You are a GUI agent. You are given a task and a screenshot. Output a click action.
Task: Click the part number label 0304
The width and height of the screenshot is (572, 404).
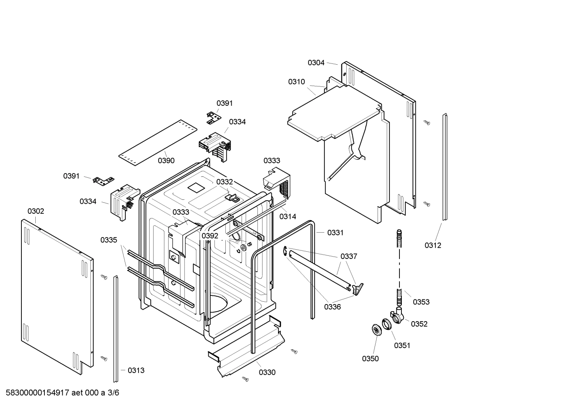(x=316, y=63)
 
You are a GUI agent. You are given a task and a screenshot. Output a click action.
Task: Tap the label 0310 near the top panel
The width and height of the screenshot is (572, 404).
(x=296, y=82)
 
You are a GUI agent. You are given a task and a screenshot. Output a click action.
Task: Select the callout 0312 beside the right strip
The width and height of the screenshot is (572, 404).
(x=432, y=245)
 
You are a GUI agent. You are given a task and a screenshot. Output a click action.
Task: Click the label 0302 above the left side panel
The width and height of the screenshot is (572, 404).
(x=36, y=211)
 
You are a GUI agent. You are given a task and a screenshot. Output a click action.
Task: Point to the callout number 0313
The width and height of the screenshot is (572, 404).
(x=136, y=370)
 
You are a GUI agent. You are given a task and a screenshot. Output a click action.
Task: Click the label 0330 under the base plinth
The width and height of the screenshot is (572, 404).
(x=267, y=372)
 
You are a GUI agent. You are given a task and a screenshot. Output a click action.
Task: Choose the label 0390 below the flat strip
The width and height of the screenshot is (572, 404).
(x=166, y=161)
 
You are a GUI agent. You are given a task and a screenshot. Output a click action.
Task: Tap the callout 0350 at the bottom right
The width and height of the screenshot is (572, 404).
(x=370, y=358)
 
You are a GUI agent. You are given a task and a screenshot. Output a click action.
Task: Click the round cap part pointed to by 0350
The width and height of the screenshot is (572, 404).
(x=376, y=329)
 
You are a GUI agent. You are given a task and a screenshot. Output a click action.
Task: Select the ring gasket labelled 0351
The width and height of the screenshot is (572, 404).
(x=387, y=324)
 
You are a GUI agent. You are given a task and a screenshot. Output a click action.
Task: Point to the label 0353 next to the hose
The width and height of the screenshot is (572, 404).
(x=421, y=302)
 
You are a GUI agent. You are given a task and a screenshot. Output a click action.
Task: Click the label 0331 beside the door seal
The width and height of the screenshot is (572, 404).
(x=335, y=233)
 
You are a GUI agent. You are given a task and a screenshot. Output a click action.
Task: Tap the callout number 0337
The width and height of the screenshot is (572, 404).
(x=349, y=257)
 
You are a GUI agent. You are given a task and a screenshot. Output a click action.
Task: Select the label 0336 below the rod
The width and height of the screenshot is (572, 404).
(x=332, y=306)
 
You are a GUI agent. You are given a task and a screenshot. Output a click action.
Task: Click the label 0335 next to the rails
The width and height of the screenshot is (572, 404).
(x=109, y=240)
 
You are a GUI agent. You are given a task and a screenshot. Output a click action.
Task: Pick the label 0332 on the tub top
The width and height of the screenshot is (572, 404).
(x=225, y=182)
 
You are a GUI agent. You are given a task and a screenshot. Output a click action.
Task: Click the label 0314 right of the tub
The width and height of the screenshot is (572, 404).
(x=288, y=216)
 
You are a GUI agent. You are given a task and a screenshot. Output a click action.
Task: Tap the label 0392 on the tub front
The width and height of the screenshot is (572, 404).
(x=210, y=236)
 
